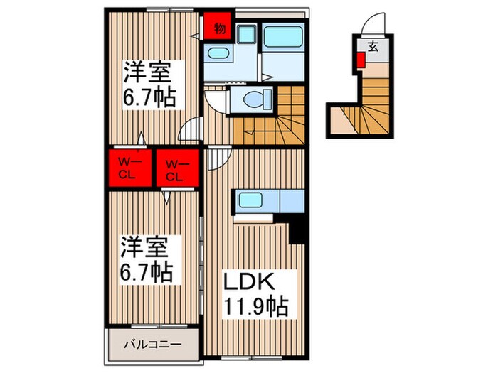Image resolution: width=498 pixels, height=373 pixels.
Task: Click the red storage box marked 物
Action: [219, 28]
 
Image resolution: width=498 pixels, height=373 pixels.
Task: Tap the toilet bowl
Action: [250, 99]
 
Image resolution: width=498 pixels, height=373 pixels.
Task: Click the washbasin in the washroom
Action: [216, 55]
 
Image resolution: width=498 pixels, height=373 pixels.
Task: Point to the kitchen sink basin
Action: [250, 199]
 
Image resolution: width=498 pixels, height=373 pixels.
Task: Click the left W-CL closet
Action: [128, 167]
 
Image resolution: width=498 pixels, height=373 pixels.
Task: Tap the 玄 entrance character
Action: [372, 47]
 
